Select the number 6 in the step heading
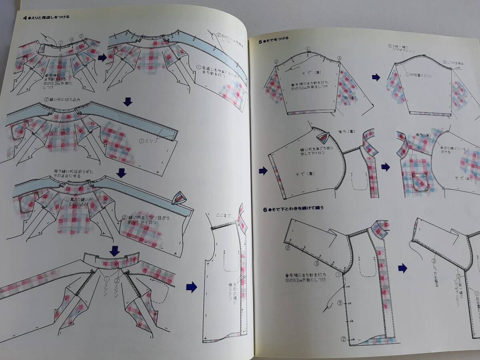pyautogui.click(x=265, y=208)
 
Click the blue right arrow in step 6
pyautogui.click(x=402, y=268)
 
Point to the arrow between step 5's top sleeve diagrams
pyautogui.click(x=376, y=77)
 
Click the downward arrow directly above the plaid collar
pyautogui.click(x=115, y=250)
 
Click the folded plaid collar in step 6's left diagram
pyautogui.click(x=379, y=228)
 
